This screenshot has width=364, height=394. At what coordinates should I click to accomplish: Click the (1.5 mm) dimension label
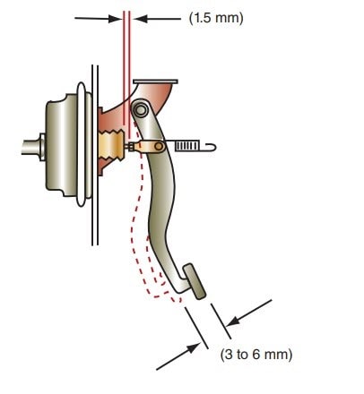tap(216, 19)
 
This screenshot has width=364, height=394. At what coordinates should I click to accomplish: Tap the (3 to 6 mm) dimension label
tap(256, 355)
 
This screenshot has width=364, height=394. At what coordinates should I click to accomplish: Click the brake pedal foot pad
tap(195, 281)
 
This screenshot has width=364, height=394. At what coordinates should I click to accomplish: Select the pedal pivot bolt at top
tap(140, 110)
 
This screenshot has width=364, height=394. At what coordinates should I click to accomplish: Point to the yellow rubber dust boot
tap(110, 146)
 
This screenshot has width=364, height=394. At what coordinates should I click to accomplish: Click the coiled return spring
tap(186, 146)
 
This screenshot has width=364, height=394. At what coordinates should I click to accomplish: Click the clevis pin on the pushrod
tap(159, 147)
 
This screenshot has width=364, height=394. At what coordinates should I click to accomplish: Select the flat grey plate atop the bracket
tap(155, 81)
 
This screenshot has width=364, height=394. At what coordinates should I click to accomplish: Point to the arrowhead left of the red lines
tap(116, 19)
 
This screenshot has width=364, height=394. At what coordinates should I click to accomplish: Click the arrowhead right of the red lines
tap(141, 19)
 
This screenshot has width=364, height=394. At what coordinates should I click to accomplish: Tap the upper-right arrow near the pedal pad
tap(249, 313)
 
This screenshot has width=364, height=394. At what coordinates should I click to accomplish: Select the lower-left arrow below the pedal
tap(178, 356)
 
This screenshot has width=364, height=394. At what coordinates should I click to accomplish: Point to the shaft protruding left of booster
tap(31, 148)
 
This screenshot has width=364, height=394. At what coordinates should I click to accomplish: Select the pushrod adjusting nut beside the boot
tap(130, 147)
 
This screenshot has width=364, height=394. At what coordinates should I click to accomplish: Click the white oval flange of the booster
tap(82, 144)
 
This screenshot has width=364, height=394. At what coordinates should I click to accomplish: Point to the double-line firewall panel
tap(95, 155)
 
